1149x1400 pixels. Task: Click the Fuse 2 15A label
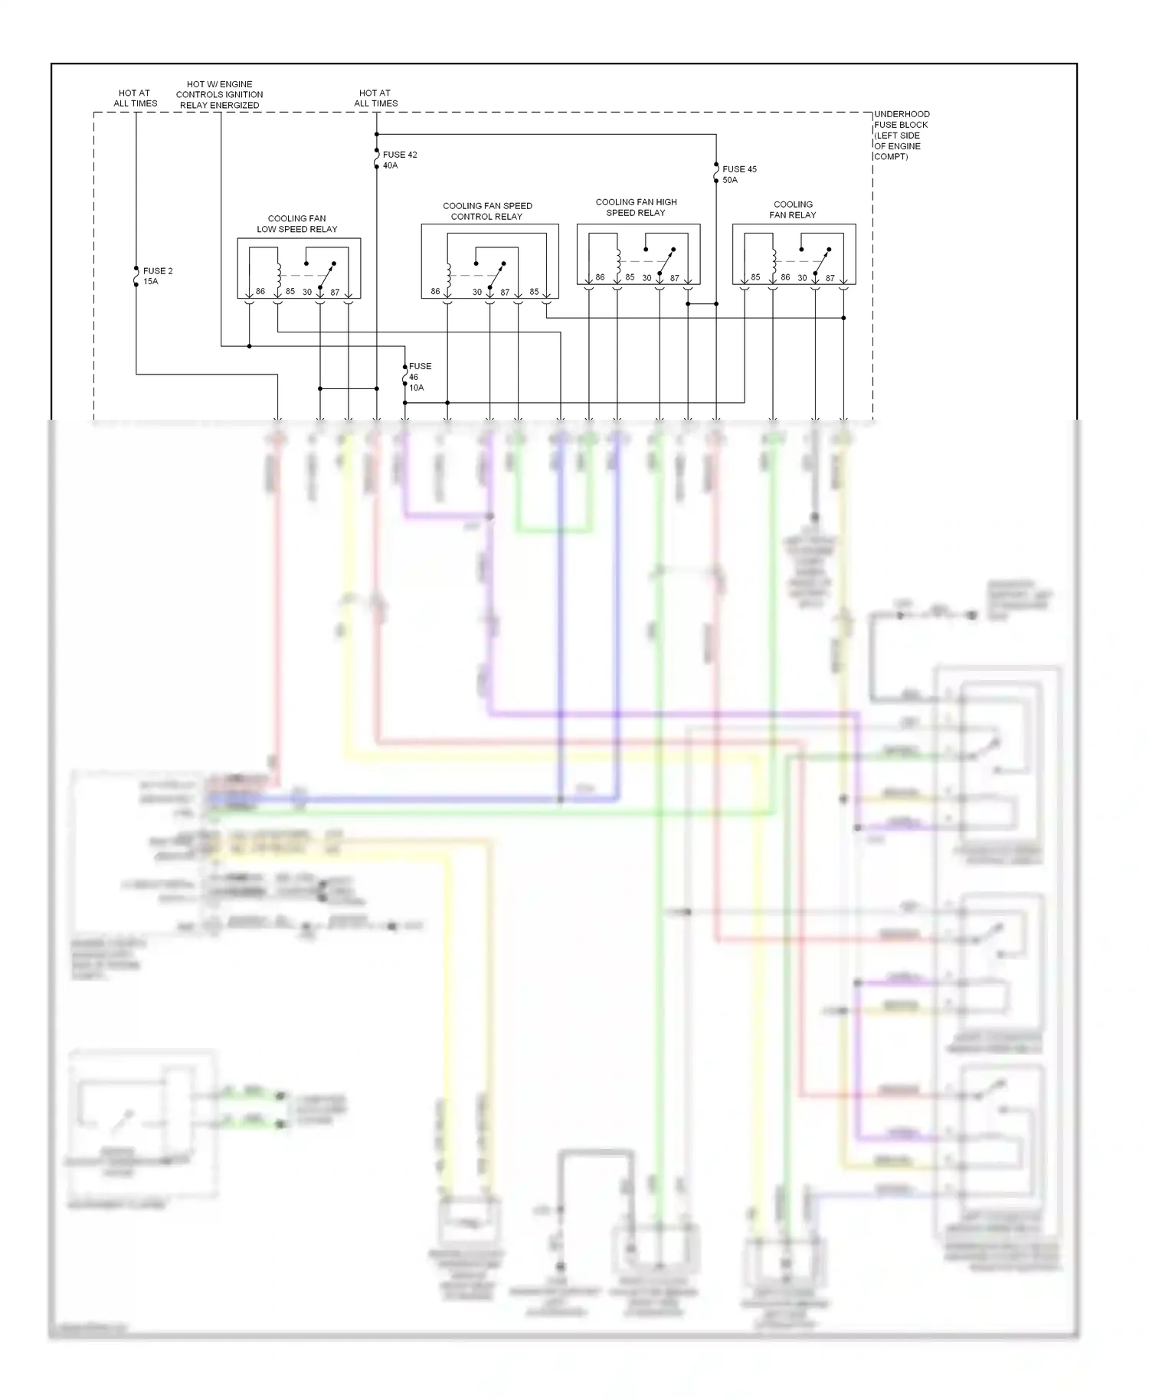[157, 276]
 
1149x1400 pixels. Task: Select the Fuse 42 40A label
[399, 160]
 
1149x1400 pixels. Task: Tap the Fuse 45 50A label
[738, 175]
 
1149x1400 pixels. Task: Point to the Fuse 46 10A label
[419, 377]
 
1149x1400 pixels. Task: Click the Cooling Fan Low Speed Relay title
[296, 224]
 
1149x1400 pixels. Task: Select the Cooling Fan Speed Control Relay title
[487, 211]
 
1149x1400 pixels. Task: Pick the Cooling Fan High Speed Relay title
[636, 208]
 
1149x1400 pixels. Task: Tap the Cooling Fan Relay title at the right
[793, 210]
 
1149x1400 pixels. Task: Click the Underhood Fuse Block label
[901, 135]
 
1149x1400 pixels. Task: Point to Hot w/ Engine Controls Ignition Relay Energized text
[219, 95]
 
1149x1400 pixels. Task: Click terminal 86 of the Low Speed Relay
[260, 292]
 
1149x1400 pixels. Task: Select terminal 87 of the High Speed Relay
[674, 278]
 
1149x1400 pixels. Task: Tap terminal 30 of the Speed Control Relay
[476, 292]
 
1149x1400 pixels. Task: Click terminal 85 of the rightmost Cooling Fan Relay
[755, 277]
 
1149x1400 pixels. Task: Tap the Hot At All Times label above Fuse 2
[135, 98]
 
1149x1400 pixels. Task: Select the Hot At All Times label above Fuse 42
[375, 98]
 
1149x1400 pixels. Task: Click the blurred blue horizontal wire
[429, 799]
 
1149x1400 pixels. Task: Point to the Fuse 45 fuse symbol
[716, 174]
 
